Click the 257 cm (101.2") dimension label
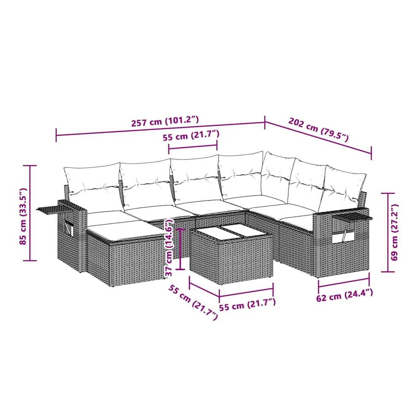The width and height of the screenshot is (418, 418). pos(165,121)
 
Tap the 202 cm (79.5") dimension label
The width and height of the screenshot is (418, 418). pos(318,129)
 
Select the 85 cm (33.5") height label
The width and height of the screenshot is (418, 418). pos(23,216)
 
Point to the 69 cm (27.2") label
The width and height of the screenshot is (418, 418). pos(394,232)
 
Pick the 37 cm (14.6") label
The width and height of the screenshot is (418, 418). pos(169,247)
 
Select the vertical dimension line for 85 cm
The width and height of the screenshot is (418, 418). pos(30,213)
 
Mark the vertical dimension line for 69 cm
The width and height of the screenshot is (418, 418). pos(388,232)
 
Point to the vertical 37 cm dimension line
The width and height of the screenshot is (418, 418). pos(181,249)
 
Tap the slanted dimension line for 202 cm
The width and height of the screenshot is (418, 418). pos(318,138)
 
